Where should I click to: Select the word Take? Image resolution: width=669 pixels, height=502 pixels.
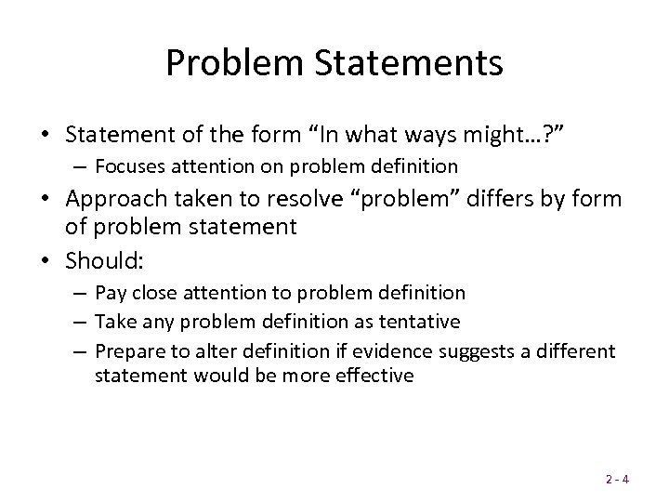[114, 321]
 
